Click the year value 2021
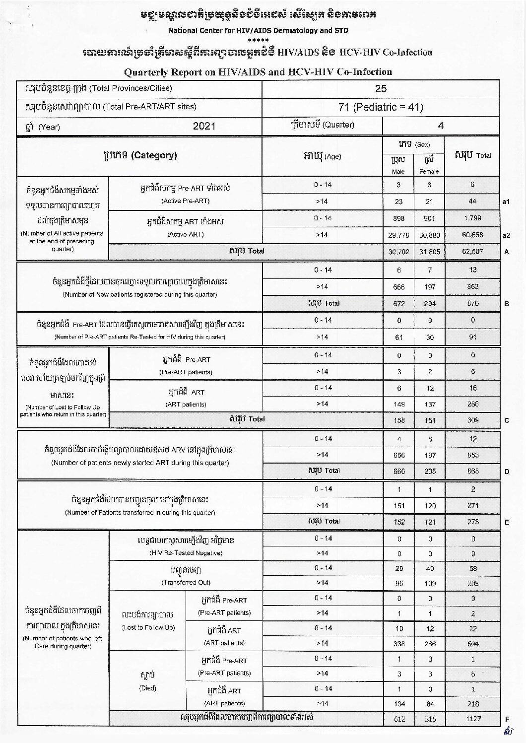tap(204, 126)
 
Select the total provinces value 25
tap(381, 89)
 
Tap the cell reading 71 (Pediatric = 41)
tap(381, 107)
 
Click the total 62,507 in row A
tap(472, 252)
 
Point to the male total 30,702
tap(399, 252)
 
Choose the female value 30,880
tap(430, 235)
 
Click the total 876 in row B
tap(472, 303)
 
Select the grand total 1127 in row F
tap(472, 719)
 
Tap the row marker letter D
tap(507, 472)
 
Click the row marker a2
tap(507, 235)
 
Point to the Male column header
tap(398, 172)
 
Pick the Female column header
tap(429, 172)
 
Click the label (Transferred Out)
tap(186, 582)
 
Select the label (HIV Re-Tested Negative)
tap(186, 553)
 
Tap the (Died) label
tap(148, 688)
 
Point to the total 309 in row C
tap(472, 420)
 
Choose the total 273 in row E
tap(472, 522)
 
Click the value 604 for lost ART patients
tap(472, 644)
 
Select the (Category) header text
tap(154, 155)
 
